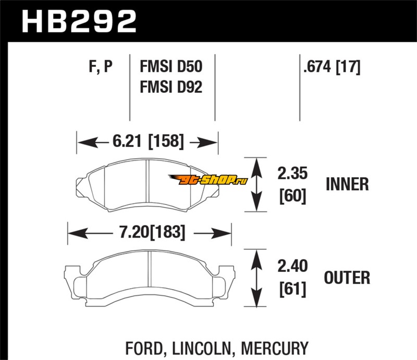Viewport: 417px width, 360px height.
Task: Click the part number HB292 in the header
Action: tap(78, 21)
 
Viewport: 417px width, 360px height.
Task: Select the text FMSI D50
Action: tap(171, 67)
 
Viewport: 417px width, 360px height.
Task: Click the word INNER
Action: tap(347, 184)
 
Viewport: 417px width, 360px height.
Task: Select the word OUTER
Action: tap(347, 277)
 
